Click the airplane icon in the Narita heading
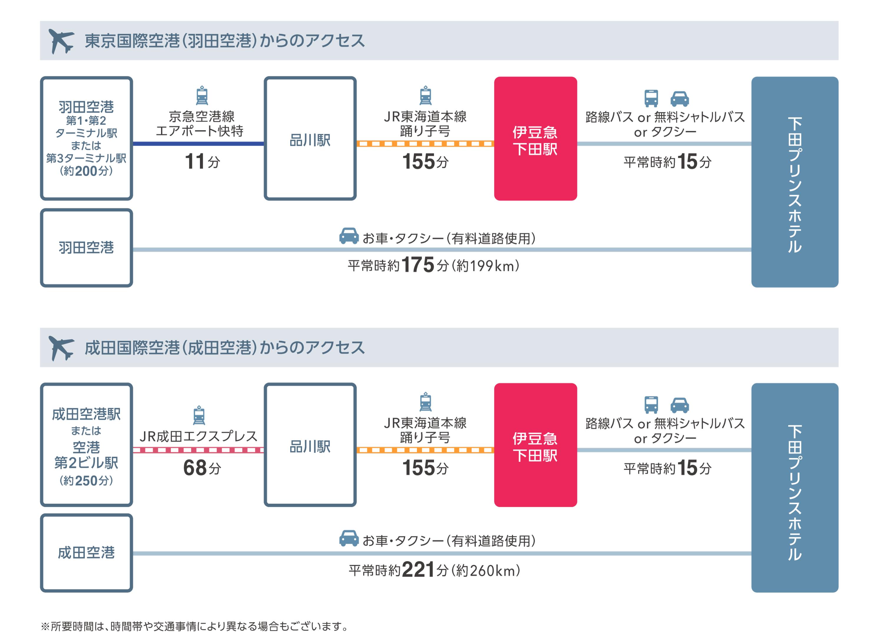tap(61, 348)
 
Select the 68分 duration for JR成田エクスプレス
tap(202, 468)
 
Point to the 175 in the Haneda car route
tap(418, 265)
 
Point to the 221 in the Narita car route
tap(418, 570)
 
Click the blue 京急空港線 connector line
tap(198, 144)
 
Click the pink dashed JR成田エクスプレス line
tap(198, 450)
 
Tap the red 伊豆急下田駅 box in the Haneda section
tap(535, 139)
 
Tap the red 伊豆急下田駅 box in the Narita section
tap(535, 445)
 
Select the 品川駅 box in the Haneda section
tap(310, 139)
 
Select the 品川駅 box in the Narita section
tap(310, 445)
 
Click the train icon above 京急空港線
tap(202, 95)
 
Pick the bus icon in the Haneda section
tap(651, 98)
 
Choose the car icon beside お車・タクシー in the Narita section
tap(349, 538)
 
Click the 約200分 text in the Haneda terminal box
tap(86, 171)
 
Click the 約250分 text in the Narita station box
tap(86, 481)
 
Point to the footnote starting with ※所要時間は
tap(195, 626)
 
